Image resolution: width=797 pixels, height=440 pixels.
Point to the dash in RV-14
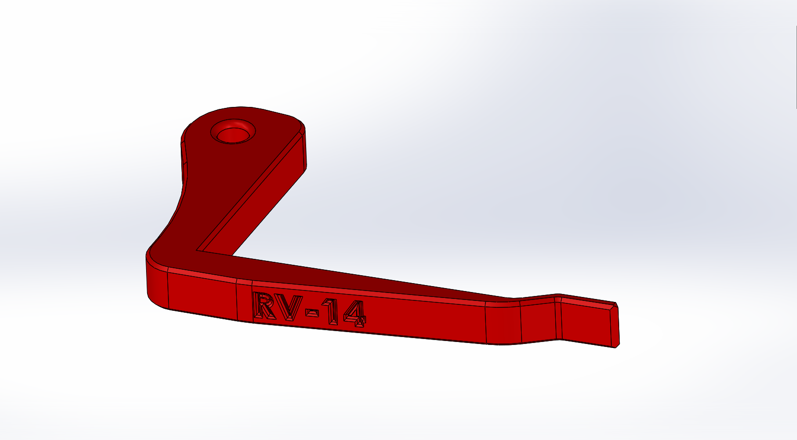313,312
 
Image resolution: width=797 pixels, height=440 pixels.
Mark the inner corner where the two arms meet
200,250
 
